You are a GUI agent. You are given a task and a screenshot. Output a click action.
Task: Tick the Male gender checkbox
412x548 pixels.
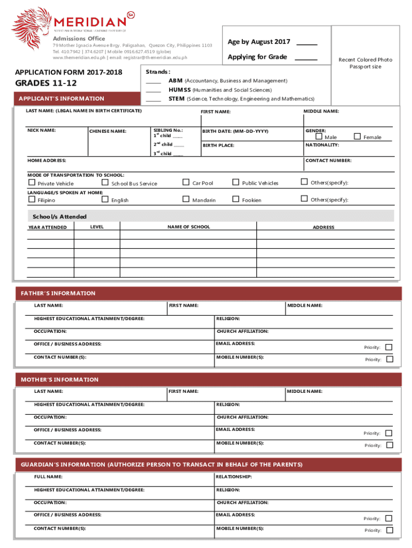(x=319, y=137)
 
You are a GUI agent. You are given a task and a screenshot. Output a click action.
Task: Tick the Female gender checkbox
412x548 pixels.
(x=357, y=136)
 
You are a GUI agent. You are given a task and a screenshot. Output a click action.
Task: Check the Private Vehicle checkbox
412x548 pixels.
(x=32, y=183)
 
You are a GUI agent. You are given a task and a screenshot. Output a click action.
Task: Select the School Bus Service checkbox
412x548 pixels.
(x=105, y=183)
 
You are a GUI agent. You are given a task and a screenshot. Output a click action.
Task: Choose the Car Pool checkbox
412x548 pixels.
(x=186, y=182)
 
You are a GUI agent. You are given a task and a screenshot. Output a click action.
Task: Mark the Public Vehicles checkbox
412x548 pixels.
(x=235, y=182)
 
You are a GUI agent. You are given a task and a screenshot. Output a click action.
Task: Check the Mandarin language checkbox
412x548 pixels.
(x=186, y=199)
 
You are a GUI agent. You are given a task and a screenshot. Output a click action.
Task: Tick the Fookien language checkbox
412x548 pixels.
(x=235, y=199)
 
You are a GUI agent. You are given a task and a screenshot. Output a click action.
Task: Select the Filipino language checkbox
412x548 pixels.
(x=32, y=200)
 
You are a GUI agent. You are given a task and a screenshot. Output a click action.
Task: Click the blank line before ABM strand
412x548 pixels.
(x=154, y=82)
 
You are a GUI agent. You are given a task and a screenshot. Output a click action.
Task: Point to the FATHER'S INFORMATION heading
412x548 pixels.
(x=58, y=293)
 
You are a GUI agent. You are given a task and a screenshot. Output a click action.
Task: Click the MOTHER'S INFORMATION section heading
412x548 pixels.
(x=59, y=379)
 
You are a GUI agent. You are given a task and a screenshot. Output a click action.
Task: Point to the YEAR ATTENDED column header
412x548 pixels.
(x=48, y=227)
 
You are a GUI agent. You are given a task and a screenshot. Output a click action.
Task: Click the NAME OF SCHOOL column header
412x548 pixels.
(x=188, y=227)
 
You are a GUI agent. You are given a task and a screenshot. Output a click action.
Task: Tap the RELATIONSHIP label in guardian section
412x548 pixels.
(x=234, y=476)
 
